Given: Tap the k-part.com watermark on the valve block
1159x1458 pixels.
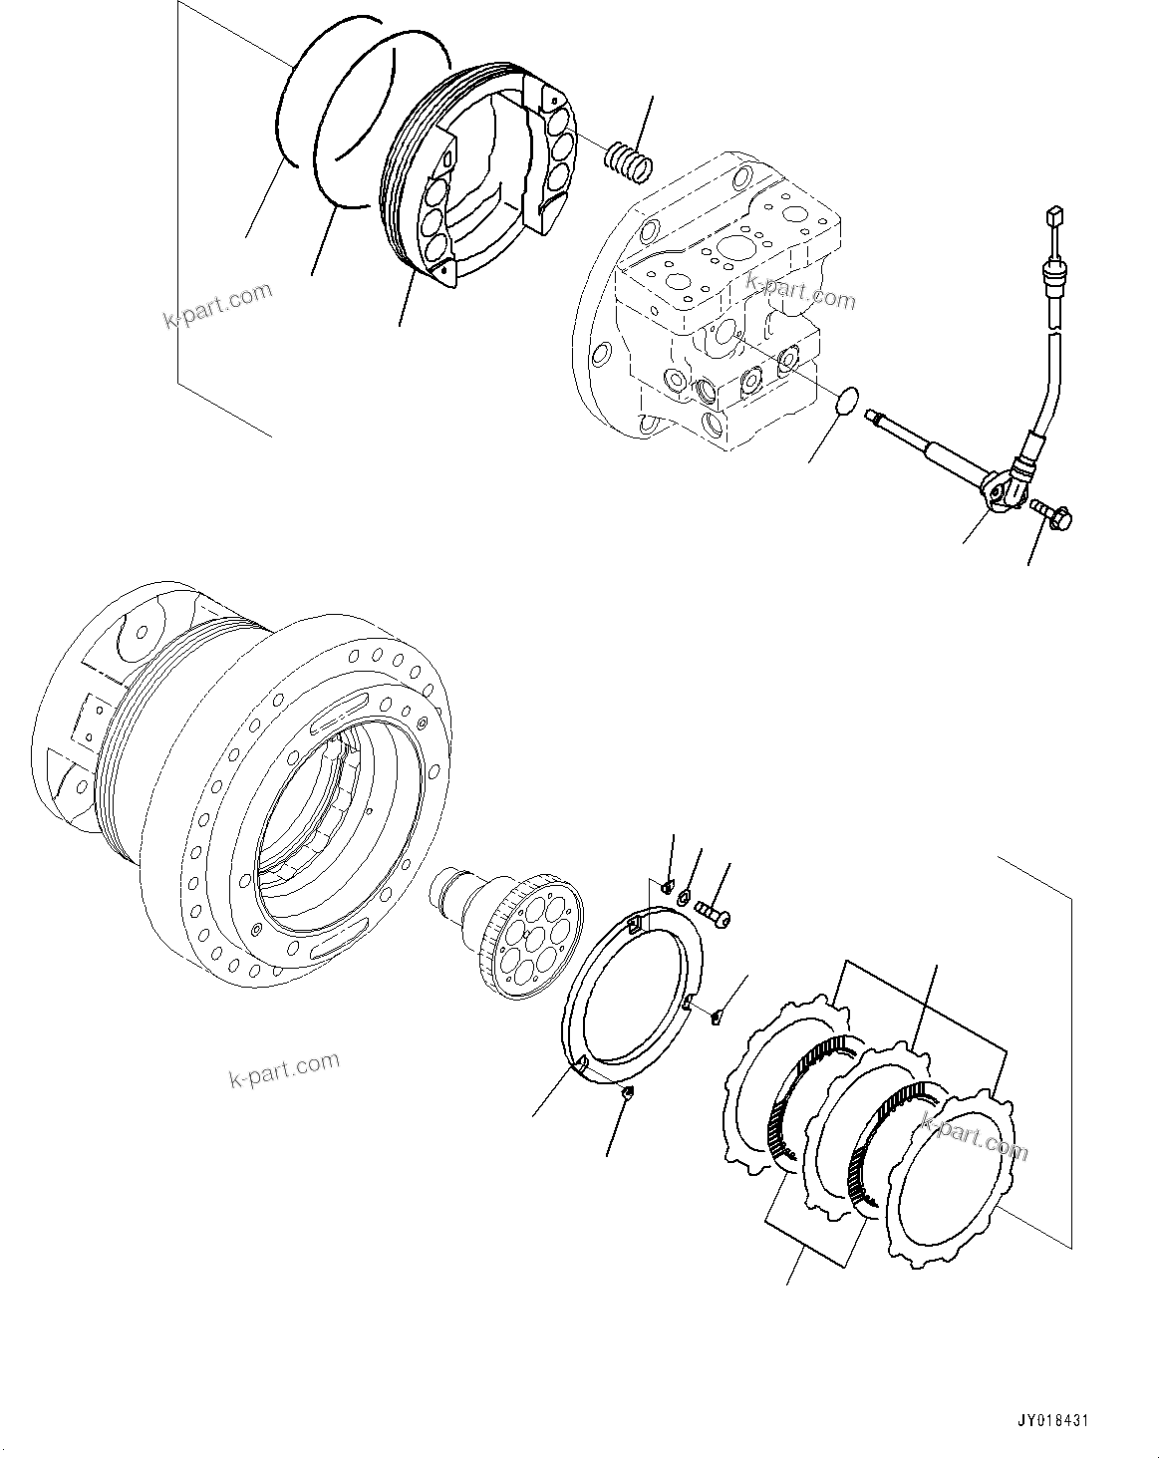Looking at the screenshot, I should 800,291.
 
